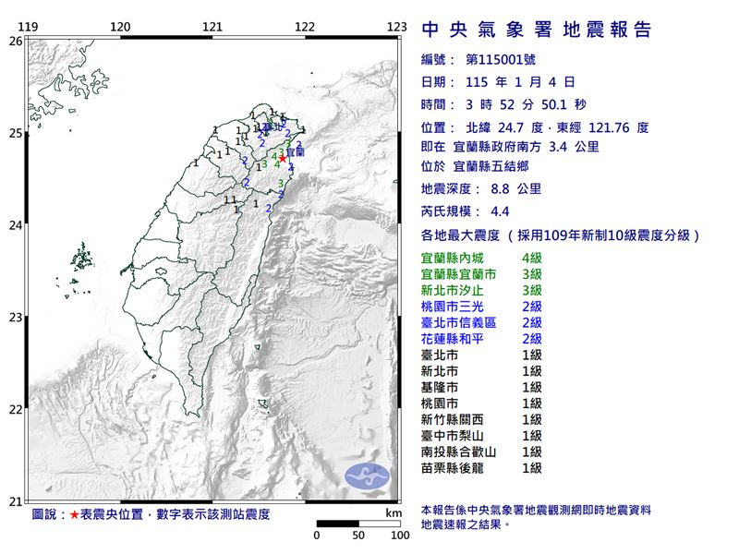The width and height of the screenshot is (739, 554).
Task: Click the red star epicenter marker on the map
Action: click(x=282, y=158)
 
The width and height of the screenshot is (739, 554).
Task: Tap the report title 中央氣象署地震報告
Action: click(x=536, y=30)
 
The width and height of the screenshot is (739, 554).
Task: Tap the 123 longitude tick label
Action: click(x=398, y=26)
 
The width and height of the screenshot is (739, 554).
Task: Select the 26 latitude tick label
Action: click(x=15, y=41)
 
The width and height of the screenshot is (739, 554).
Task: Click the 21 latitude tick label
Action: click(x=15, y=501)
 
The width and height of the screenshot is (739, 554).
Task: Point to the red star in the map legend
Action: click(x=75, y=514)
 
